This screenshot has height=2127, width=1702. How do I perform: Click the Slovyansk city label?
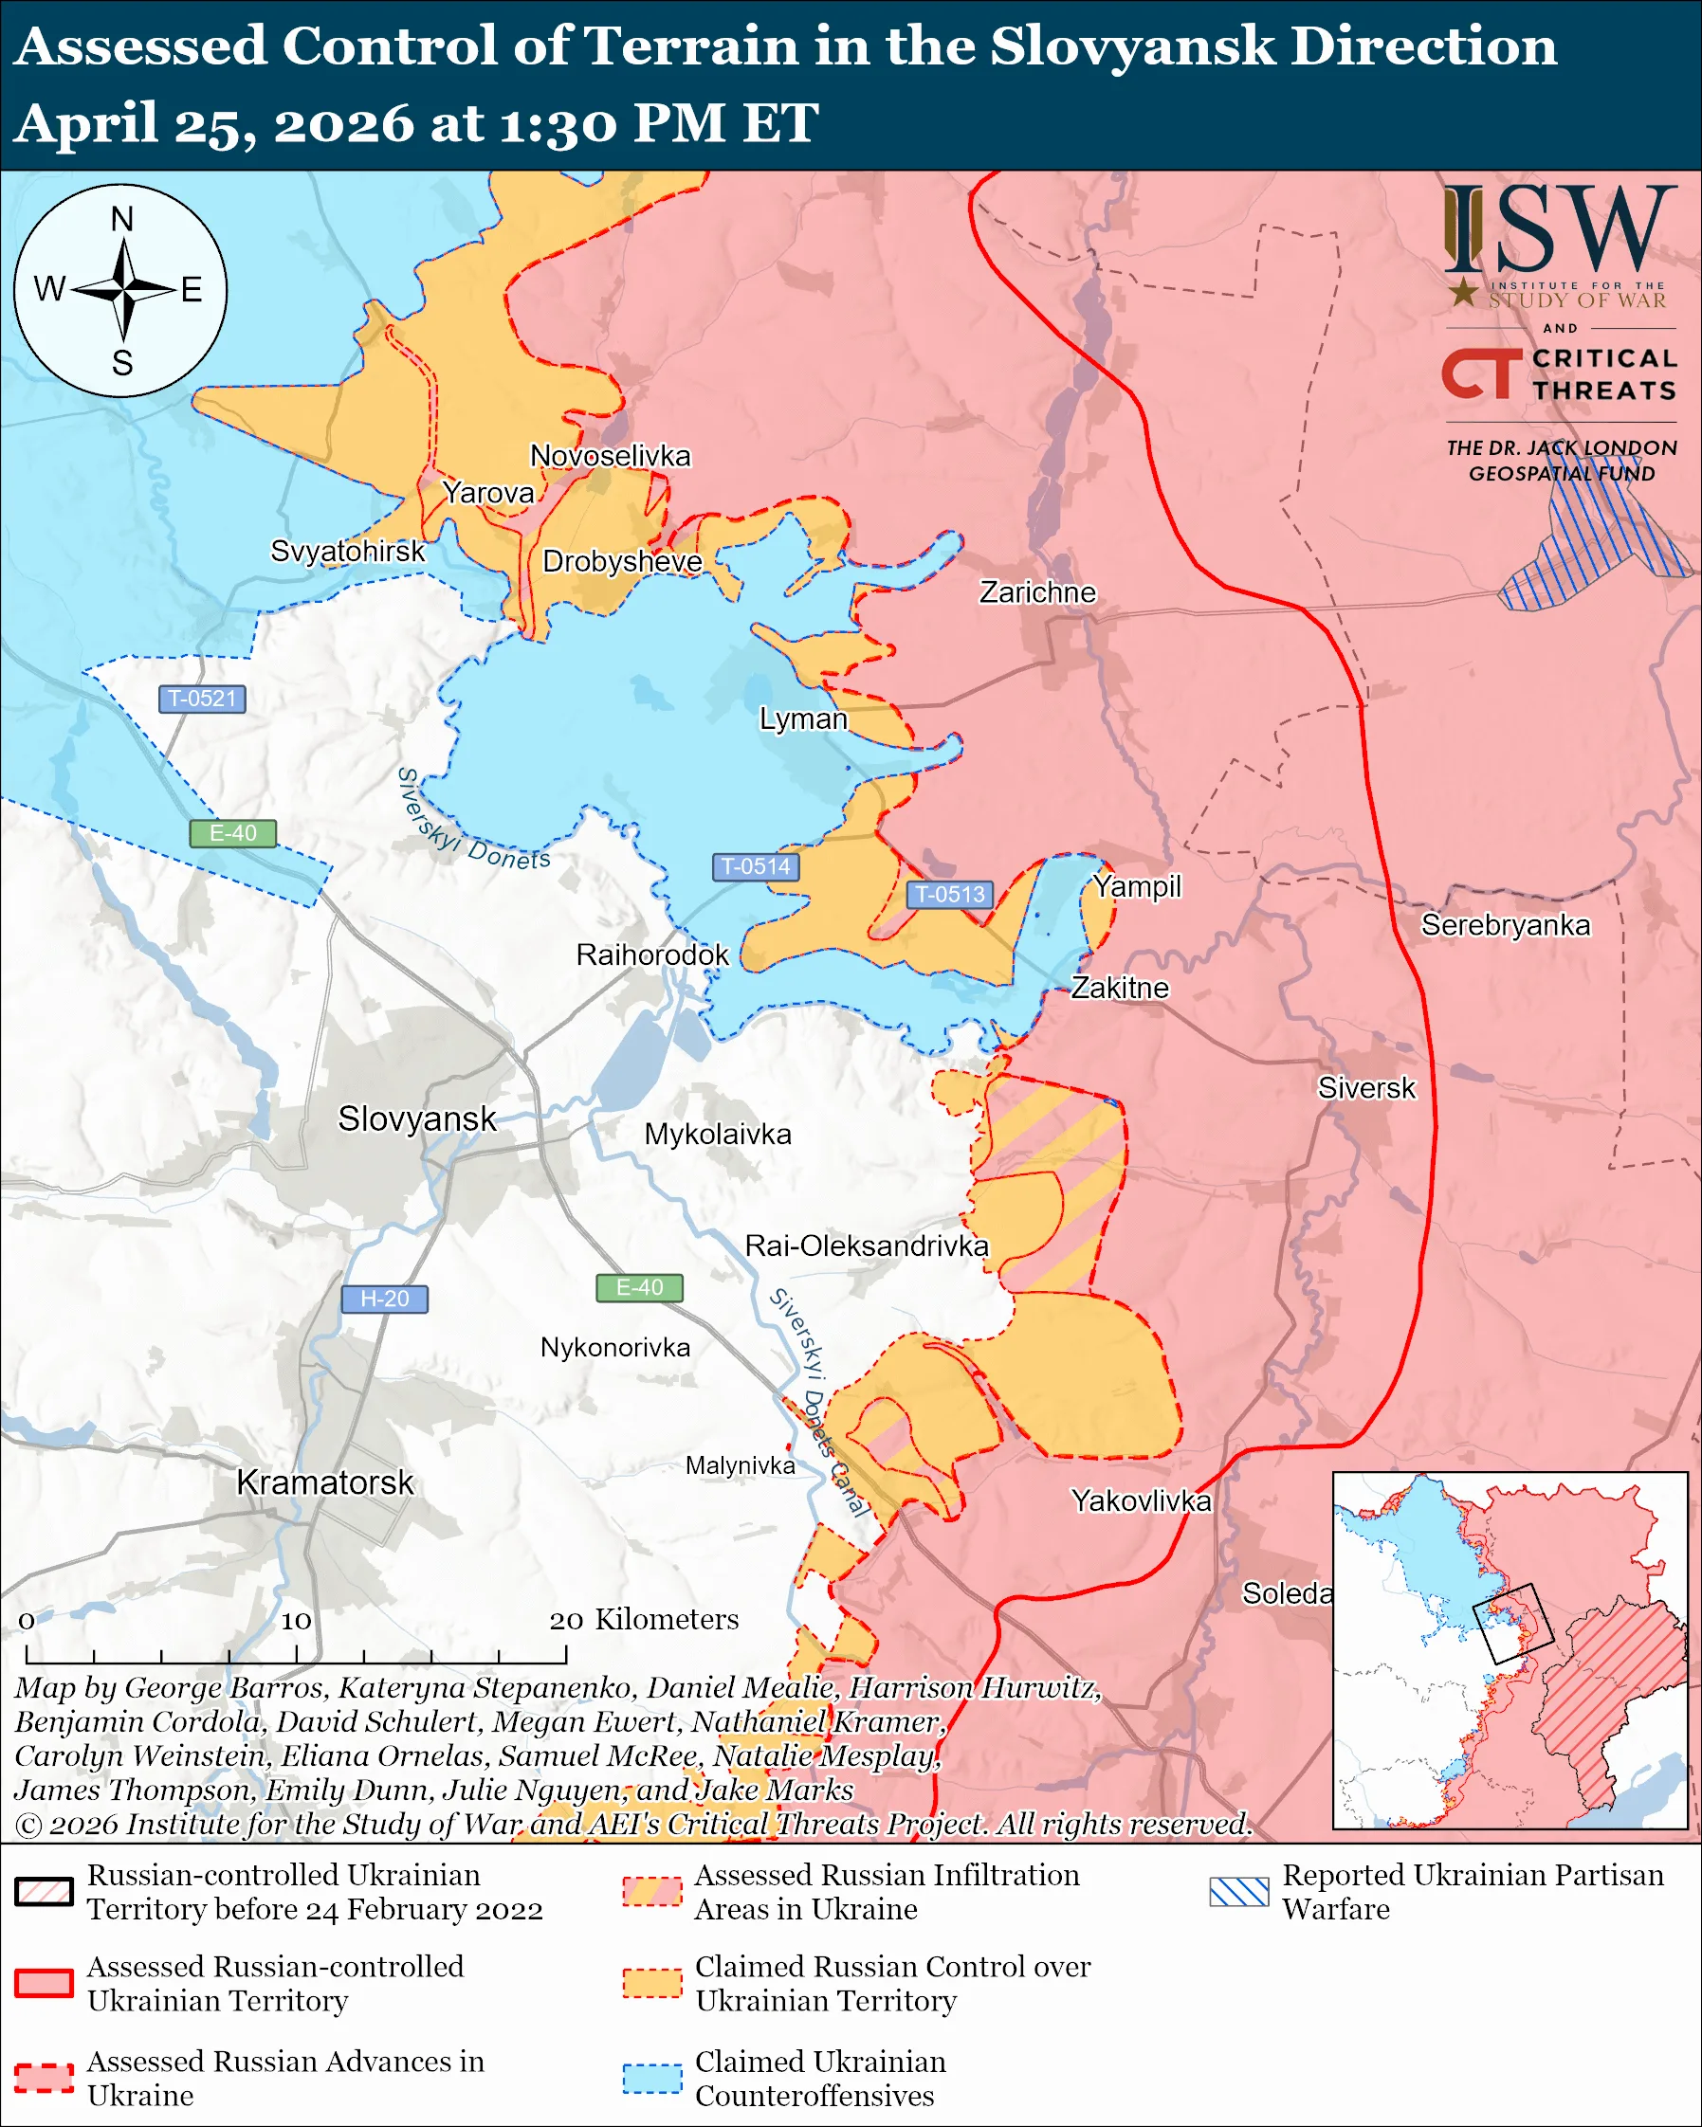pyautogui.click(x=416, y=1118)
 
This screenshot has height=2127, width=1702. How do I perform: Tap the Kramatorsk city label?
pyautogui.click(x=324, y=1482)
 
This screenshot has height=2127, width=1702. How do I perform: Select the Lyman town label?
pyautogui.click(x=803, y=719)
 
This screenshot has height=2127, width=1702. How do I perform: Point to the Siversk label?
pyautogui.click(x=1366, y=1088)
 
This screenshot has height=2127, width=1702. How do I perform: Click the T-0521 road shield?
pyautogui.click(x=202, y=699)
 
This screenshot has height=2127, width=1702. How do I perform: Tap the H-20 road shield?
pyautogui.click(x=384, y=1299)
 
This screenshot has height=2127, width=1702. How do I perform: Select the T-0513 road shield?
pyautogui.click(x=949, y=894)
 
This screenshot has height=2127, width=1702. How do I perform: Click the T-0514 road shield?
pyautogui.click(x=755, y=866)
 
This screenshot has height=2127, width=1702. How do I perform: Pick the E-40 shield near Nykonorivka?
pyautogui.click(x=639, y=1287)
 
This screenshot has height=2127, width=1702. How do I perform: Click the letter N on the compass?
pyautogui.click(x=121, y=219)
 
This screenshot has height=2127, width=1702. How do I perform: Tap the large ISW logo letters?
pyautogui.click(x=1559, y=230)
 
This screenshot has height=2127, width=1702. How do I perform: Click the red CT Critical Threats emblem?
pyautogui.click(x=1481, y=373)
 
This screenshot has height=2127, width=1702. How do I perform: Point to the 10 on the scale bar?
pyautogui.click(x=296, y=1621)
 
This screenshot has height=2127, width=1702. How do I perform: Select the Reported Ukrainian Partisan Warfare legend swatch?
pyautogui.click(x=1239, y=1891)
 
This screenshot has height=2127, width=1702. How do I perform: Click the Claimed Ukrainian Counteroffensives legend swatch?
pyautogui.click(x=651, y=2078)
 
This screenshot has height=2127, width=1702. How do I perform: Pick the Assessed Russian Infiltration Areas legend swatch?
pyautogui.click(x=651, y=1891)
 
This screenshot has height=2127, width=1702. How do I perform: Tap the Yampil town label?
pyautogui.click(x=1137, y=886)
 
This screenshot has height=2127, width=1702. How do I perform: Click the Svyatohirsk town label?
pyautogui.click(x=347, y=551)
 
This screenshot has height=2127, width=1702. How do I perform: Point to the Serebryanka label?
pyautogui.click(x=1505, y=925)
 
